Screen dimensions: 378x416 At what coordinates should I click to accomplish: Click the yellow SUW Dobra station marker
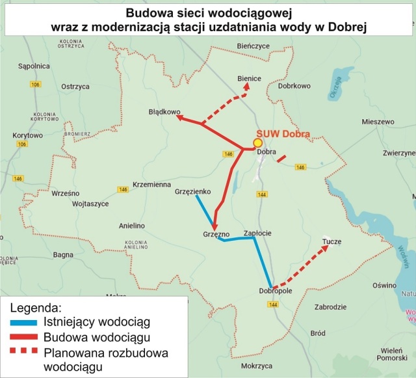257,142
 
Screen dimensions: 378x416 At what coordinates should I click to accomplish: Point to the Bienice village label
249,79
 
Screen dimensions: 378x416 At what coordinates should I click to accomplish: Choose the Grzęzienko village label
193,191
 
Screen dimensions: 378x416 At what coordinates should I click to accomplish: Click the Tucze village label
331,242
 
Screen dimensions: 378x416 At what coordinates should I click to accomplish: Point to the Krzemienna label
151,184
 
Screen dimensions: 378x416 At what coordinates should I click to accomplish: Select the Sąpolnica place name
34,66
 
